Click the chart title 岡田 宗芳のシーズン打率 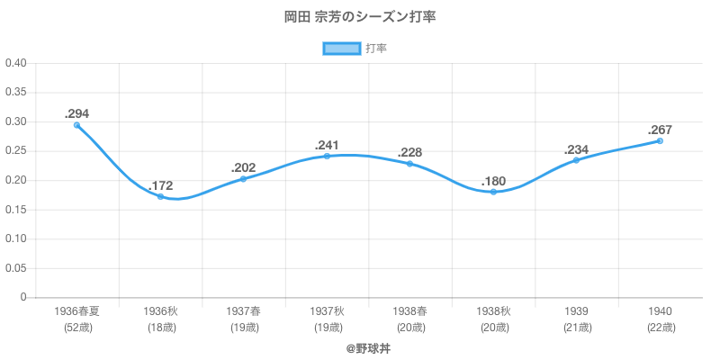pos(360,17)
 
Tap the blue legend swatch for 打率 pos(342,49)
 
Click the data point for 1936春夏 pos(76,125)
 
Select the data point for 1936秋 pos(160,196)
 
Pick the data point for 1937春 pos(243,179)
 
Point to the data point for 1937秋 pos(327,156)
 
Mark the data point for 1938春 pos(409,164)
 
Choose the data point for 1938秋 pos(493,192)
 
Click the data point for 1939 pos(576,160)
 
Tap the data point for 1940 pos(660,140)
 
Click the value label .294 pos(76,113)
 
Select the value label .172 pos(160,185)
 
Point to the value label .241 pos(327,145)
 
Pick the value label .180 pos(493,181)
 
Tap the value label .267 pos(660,130)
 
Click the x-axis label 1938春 pos(409,310)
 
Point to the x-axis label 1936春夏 pos(76,310)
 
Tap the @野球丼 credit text pos(360,347)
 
